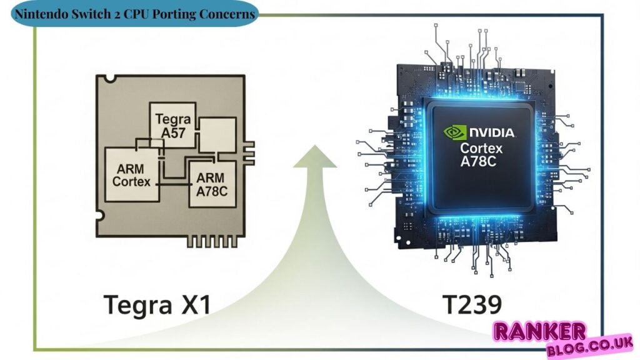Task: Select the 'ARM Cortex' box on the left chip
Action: (x=132, y=174)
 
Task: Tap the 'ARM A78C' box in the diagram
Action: (x=212, y=184)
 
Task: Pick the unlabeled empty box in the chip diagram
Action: (x=216, y=134)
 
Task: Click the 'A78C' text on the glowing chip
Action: (x=484, y=164)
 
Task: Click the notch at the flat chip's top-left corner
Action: (x=110, y=78)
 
